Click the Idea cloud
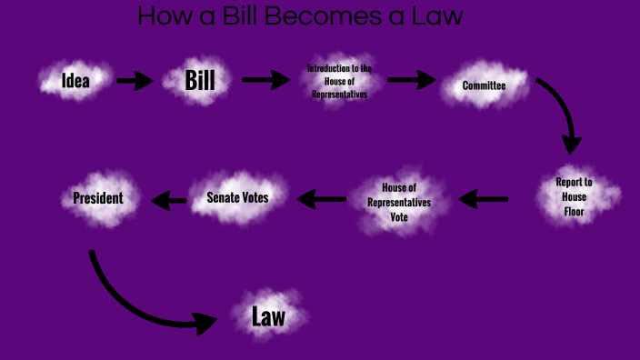75,80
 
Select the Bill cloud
200,80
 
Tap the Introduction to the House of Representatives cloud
339,81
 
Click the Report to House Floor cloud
575,197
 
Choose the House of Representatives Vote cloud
400,202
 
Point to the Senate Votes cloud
237,196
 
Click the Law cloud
268,316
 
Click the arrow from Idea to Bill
135,81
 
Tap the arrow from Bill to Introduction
265,81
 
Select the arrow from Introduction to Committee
411,81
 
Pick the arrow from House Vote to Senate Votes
322,196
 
